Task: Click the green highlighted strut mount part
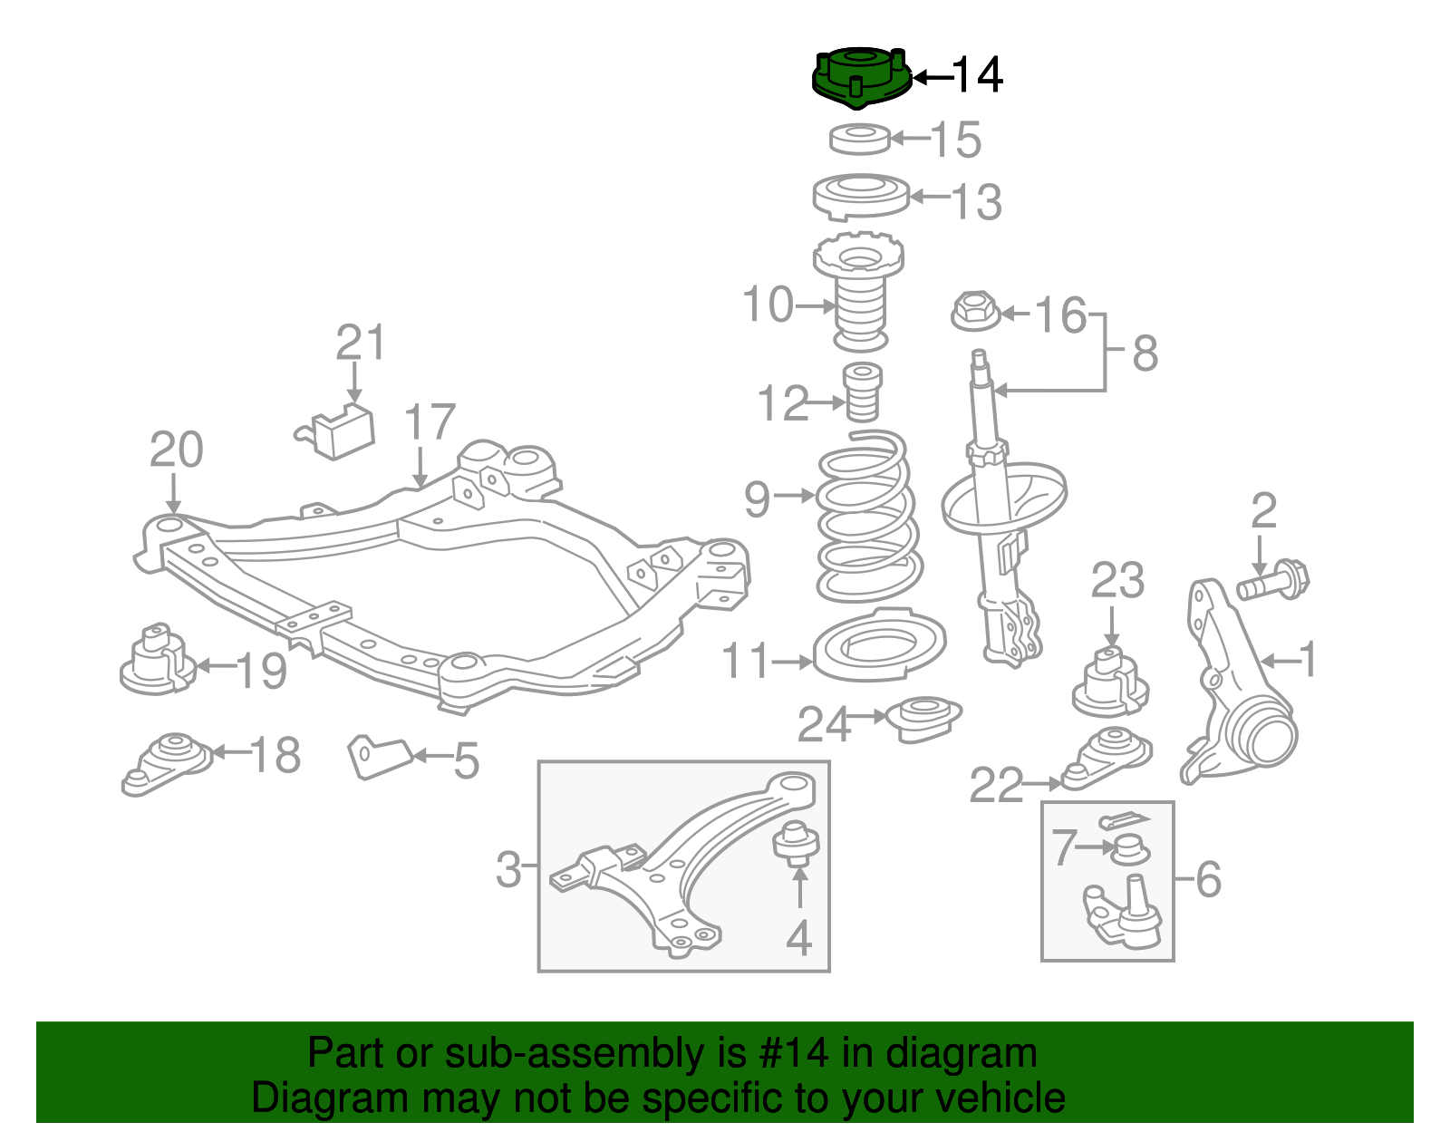click(860, 77)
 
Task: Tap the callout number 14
click(977, 75)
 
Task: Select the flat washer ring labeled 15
click(860, 139)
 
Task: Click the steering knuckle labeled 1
click(1237, 689)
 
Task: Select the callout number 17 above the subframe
click(429, 423)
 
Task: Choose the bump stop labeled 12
click(863, 392)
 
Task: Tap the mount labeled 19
click(156, 662)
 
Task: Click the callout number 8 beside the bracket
click(1145, 353)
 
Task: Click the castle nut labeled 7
click(1129, 850)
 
